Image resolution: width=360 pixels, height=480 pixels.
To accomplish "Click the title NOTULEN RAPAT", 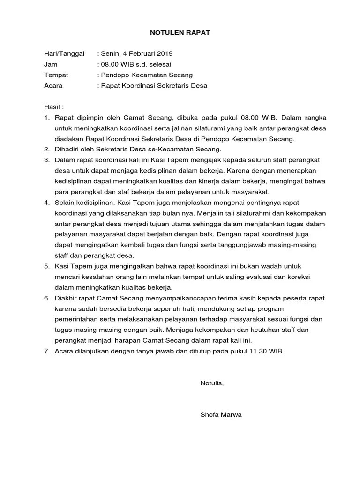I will click(180, 33).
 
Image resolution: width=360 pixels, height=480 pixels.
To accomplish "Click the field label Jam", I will click(50, 64).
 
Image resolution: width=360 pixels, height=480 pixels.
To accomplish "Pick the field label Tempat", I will click(56, 75).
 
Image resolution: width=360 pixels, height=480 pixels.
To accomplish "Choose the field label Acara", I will click(53, 86).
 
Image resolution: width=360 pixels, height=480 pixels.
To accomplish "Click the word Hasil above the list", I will click(52, 107).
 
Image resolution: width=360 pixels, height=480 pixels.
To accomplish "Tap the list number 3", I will click(47, 160).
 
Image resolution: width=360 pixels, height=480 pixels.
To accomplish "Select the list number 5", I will click(47, 266).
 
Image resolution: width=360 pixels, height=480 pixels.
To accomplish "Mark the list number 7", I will click(47, 351).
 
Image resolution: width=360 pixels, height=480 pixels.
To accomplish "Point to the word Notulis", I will click(212, 383).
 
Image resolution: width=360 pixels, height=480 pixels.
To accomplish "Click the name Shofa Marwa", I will click(221, 415).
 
